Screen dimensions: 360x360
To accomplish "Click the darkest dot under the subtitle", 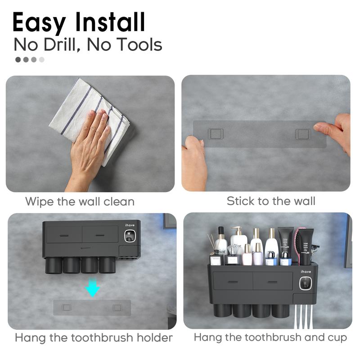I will pos(18,59).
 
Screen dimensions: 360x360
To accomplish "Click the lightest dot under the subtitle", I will pos(42,59).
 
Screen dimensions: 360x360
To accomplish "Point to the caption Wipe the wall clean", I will pos(80,201).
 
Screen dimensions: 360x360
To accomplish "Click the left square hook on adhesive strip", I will pos(216,134).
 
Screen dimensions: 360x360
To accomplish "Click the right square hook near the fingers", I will pos(303,134).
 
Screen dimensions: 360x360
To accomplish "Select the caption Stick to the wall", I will pos(271,201).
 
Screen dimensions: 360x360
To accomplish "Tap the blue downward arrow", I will pos(93,288).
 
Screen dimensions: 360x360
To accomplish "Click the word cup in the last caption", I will pos(336,337).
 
